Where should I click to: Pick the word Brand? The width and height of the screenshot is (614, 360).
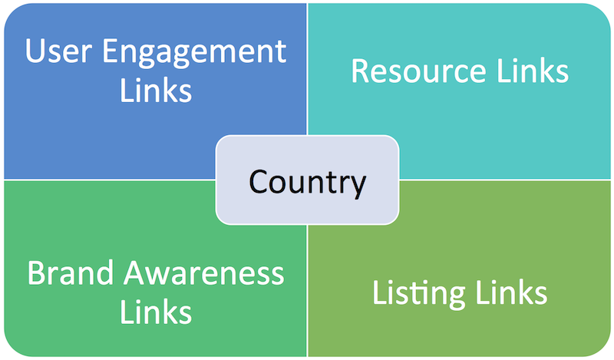[70, 273]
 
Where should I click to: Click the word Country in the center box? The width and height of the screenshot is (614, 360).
[307, 182]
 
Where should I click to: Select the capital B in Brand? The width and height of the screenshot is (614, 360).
[36, 273]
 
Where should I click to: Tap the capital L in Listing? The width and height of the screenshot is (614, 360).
[379, 293]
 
